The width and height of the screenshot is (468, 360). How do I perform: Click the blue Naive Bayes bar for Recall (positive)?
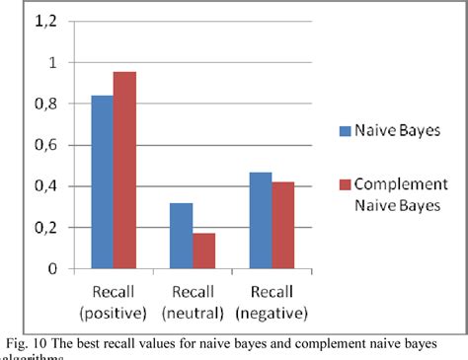click(102, 182)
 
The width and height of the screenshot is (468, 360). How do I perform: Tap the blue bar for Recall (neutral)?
click(181, 236)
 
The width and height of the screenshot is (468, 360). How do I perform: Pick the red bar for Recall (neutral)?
click(203, 251)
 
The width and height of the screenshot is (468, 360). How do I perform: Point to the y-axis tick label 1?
click(50, 62)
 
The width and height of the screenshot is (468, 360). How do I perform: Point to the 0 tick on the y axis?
click(50, 269)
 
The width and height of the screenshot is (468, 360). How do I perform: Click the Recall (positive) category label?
click(114, 300)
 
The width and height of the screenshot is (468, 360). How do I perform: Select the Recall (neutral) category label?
click(193, 300)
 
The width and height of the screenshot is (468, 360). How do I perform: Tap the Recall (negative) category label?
click(271, 300)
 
